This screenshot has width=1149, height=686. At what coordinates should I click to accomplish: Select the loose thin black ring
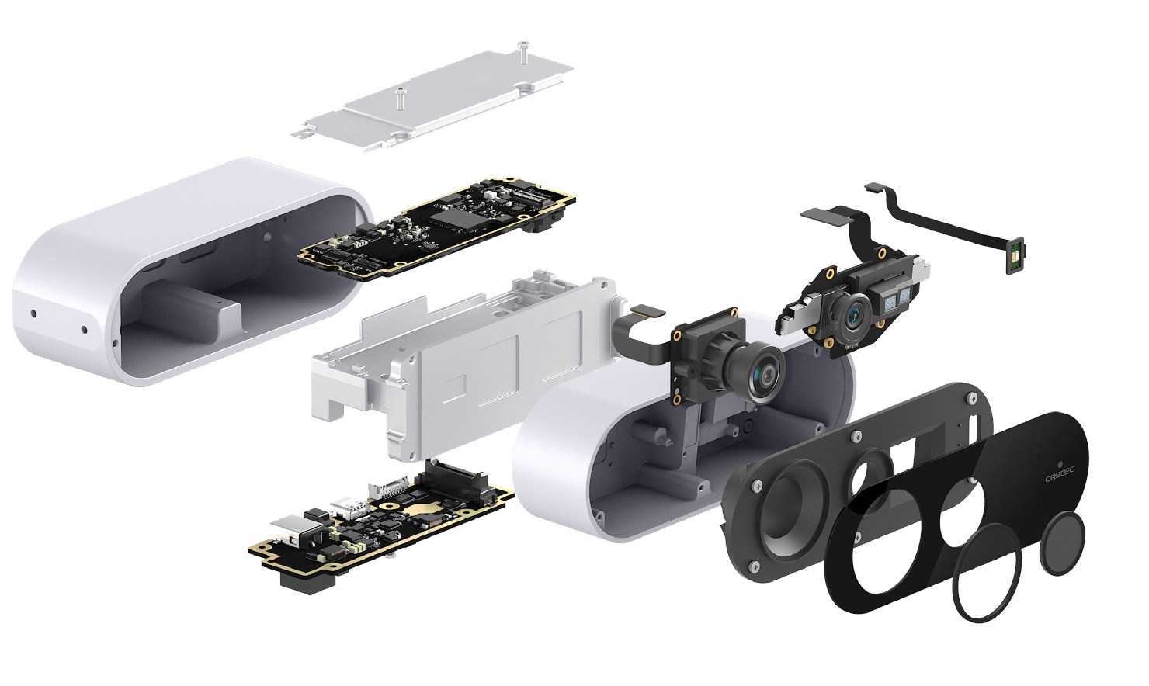pyautogui.click(x=988, y=573)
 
